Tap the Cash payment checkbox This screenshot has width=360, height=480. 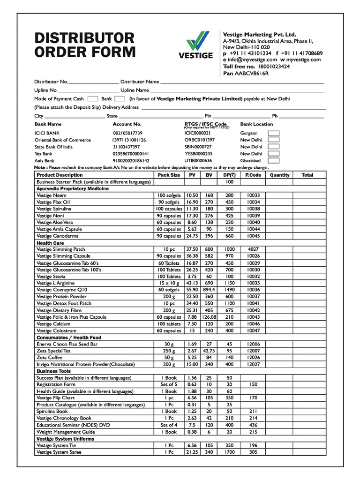coord(93,99)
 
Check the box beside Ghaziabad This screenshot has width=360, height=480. coord(273,160)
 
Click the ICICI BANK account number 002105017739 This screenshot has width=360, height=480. coord(127,133)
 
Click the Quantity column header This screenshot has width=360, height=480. coord(279,175)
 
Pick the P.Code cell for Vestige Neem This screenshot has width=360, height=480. coord(253,195)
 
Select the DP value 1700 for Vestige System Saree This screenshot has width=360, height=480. coord(229,452)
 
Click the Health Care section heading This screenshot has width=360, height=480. coord(50,243)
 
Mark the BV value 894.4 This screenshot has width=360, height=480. coord(209,290)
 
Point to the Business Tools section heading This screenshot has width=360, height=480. coord(53,371)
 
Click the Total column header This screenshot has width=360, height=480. coord(307,175)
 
